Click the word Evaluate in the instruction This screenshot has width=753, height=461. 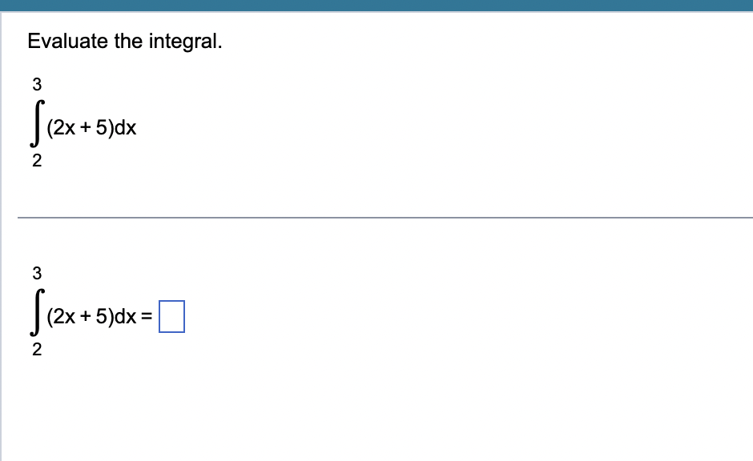coord(67,42)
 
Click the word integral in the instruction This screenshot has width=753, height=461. coord(185,42)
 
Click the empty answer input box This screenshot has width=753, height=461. coord(171,315)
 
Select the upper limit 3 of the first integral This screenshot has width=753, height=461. coord(36,82)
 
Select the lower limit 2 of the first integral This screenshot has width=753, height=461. coord(36,162)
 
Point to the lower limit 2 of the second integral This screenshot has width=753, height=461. coord(36,350)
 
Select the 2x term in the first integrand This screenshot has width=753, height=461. coord(63,128)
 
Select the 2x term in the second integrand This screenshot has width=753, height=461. coord(63,316)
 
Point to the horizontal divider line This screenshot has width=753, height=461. coord(385,217)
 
